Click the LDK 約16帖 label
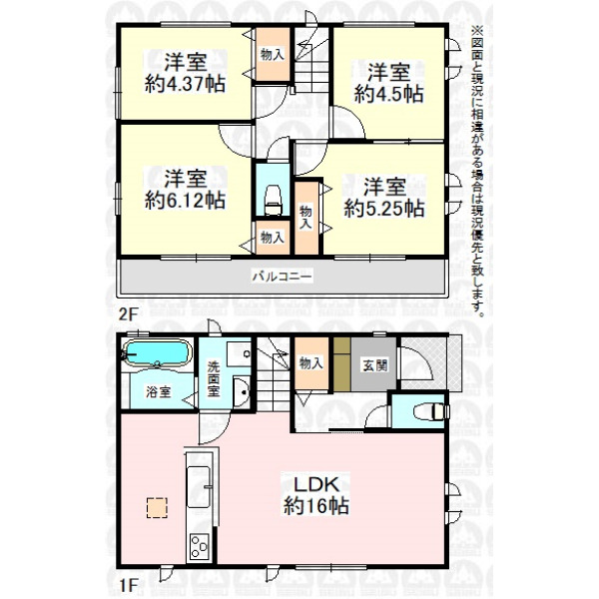click(315, 495)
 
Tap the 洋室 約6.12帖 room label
click(185, 190)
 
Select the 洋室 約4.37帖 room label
click(185, 73)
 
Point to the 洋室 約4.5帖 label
click(388, 83)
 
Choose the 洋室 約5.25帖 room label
click(384, 198)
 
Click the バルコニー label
click(283, 276)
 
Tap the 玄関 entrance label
click(374, 365)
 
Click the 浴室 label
click(158, 392)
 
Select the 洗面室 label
click(214, 379)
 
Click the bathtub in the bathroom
click(158, 353)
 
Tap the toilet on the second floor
click(273, 200)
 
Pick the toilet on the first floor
click(431, 411)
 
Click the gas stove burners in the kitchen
click(200, 547)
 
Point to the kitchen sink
click(199, 487)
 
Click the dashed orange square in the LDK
click(157, 508)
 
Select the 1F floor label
click(128, 584)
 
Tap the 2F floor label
click(128, 314)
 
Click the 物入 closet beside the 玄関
click(311, 363)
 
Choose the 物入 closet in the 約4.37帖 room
click(273, 54)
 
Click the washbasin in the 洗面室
click(242, 392)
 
